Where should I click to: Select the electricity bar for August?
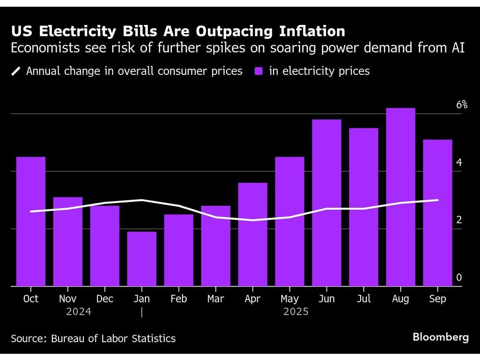[x=400, y=197]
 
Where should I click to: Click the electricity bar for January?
[x=142, y=259]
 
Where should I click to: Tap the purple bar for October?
[x=31, y=221]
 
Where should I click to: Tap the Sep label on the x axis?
[x=437, y=299]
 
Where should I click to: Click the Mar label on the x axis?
[x=216, y=299]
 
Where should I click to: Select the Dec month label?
[x=105, y=299]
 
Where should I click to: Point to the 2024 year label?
[x=79, y=312]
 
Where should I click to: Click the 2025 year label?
[x=296, y=312]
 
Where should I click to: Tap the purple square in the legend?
[x=258, y=72]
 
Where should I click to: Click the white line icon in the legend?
[x=16, y=72]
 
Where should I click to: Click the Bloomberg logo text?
[x=441, y=337]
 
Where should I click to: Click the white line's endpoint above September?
[x=437, y=200]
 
